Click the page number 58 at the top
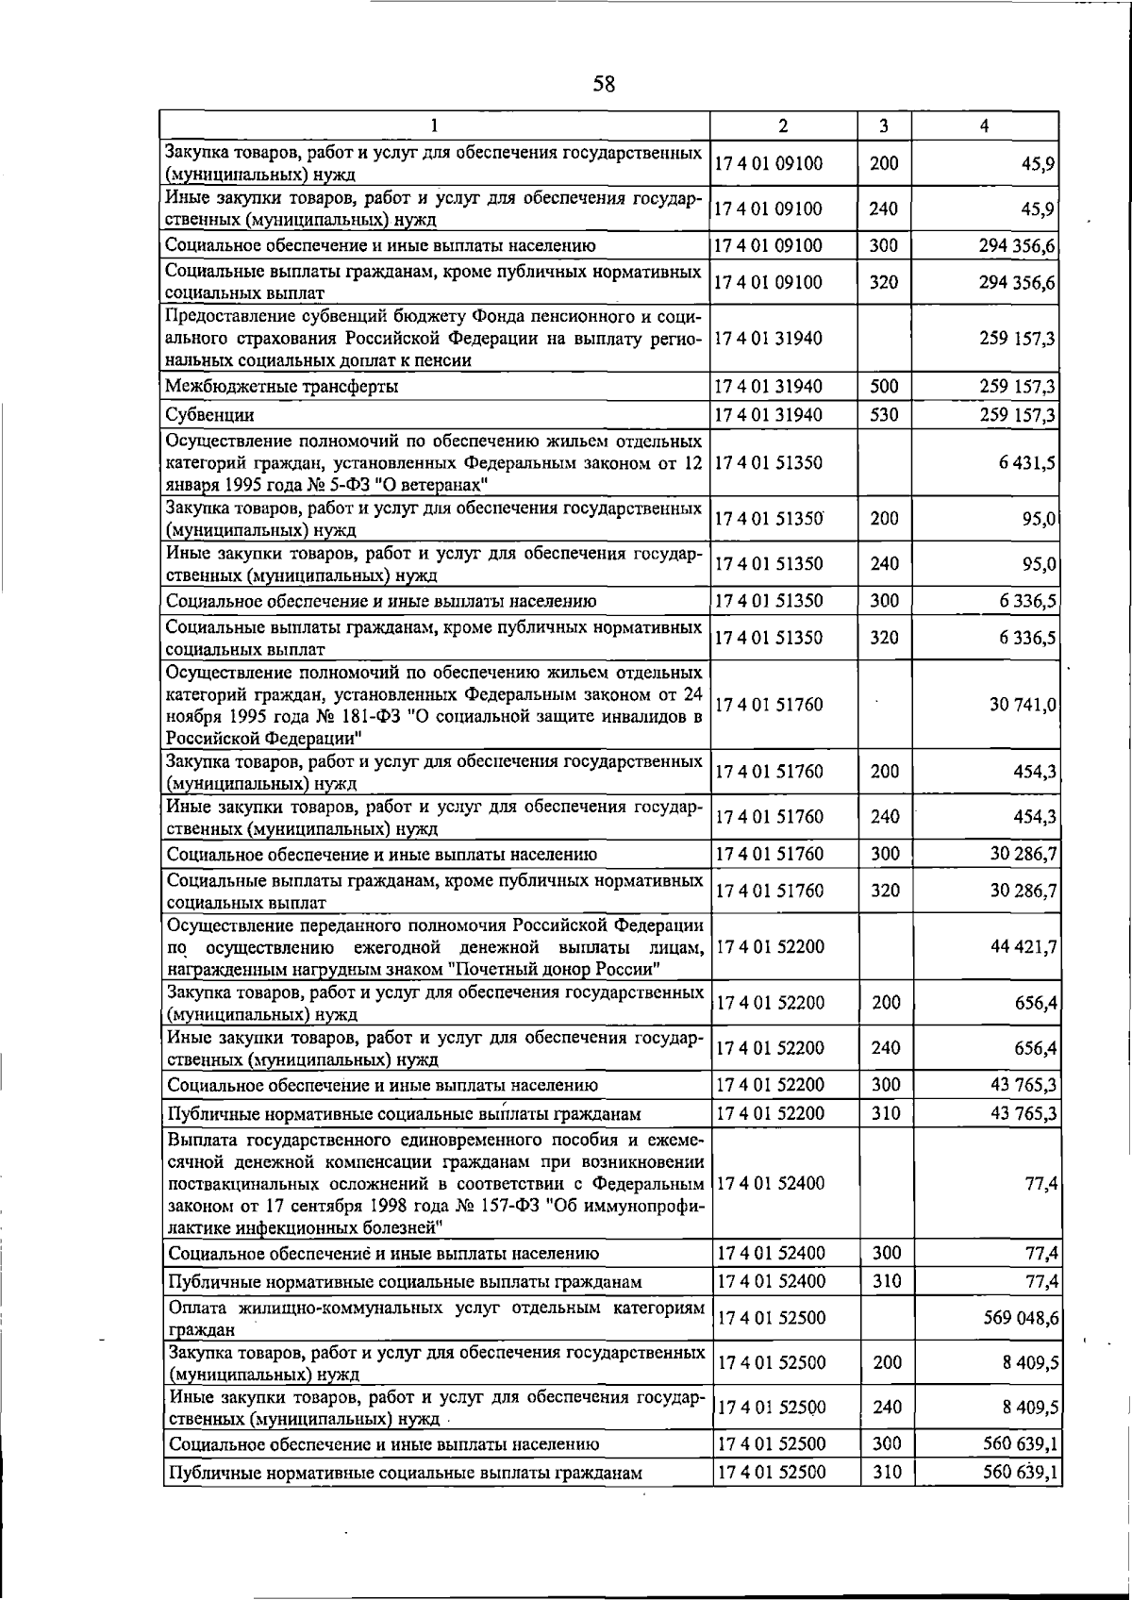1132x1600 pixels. pyautogui.click(x=604, y=84)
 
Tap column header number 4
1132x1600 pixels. pyautogui.click(x=984, y=126)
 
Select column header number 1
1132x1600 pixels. pyautogui.click(x=434, y=126)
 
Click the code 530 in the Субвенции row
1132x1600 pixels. pyautogui.click(x=884, y=415)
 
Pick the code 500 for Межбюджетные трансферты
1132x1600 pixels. pyautogui.click(x=884, y=387)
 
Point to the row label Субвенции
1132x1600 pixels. pyautogui.click(x=209, y=415)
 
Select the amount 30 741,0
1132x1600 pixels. pyautogui.click(x=1024, y=705)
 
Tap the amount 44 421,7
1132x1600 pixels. pyautogui.click(x=1024, y=946)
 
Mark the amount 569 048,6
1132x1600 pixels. pyautogui.click(x=1020, y=1318)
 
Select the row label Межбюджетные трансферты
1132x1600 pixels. pyautogui.click(x=281, y=387)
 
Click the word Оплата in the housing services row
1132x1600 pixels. pyautogui.click(x=197, y=1308)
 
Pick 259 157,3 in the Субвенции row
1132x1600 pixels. pyautogui.click(x=1018, y=415)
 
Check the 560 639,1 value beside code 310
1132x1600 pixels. pyautogui.click(x=1020, y=1472)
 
